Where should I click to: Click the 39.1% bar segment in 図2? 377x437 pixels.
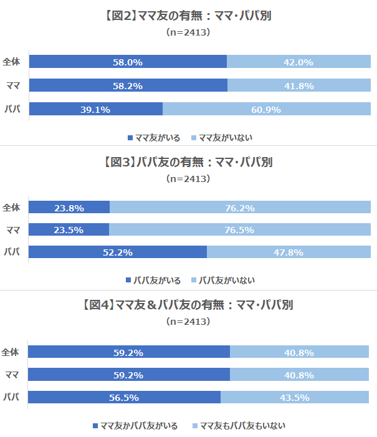click(x=95, y=109)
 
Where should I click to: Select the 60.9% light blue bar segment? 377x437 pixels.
click(x=266, y=109)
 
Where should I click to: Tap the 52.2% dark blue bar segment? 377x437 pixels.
click(x=117, y=252)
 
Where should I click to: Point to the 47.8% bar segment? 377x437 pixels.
click(x=288, y=252)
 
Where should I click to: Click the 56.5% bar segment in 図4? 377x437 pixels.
click(x=125, y=398)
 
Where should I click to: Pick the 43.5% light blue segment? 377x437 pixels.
click(x=295, y=398)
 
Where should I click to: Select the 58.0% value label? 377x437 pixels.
click(x=128, y=62)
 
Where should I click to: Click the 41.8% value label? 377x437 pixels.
click(x=298, y=85)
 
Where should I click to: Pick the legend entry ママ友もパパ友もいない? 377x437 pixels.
click(x=239, y=426)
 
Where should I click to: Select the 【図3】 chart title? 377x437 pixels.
click(x=188, y=162)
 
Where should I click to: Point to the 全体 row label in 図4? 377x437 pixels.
click(x=11, y=352)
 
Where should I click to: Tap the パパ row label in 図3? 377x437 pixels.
click(x=11, y=252)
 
